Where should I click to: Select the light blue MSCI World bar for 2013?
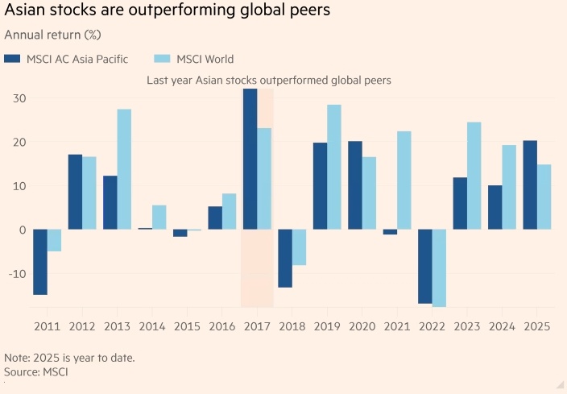[x=124, y=169]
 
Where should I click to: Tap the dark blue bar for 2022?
[x=425, y=267]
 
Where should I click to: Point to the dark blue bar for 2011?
[x=40, y=262]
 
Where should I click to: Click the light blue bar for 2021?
[x=404, y=180]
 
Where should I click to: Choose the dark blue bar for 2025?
[x=530, y=185]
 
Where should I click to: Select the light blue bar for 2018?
[x=299, y=247]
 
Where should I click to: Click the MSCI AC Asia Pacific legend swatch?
[x=12, y=59]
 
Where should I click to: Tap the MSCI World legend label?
[x=205, y=59]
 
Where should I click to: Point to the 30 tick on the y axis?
[x=18, y=98]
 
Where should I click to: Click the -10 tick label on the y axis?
[x=16, y=274]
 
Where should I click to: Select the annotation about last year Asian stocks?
[x=268, y=80]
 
